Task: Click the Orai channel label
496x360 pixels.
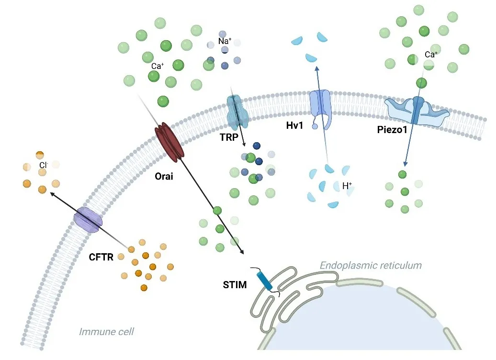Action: (x=164, y=176)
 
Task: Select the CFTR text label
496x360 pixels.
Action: (x=101, y=258)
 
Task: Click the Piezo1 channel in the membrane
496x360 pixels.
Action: (x=417, y=111)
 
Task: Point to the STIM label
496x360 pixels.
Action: (x=235, y=286)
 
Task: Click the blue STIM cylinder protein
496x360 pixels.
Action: (x=265, y=281)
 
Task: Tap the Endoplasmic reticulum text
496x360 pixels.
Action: (x=371, y=265)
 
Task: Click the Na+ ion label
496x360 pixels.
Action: (x=225, y=42)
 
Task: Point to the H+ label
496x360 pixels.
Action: (x=348, y=186)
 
